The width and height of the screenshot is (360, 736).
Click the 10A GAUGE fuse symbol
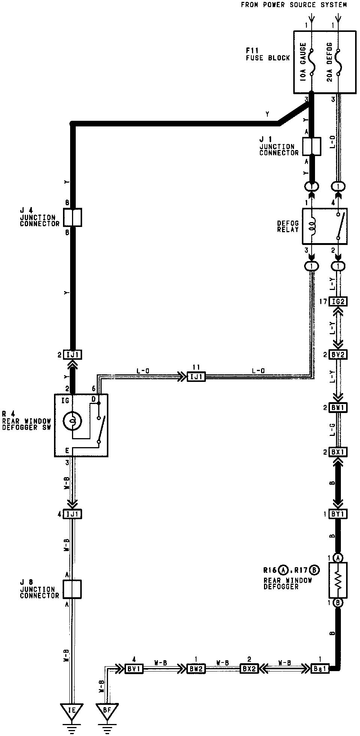[x=311, y=62]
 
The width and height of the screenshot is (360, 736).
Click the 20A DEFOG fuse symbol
[x=338, y=62]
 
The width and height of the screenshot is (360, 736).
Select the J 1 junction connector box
[x=311, y=146]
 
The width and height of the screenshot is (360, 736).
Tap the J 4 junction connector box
[x=72, y=218]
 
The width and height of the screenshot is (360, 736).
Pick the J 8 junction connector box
[x=72, y=589]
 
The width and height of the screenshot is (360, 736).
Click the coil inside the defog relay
[x=311, y=226]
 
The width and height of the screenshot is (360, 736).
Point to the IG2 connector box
[x=338, y=301]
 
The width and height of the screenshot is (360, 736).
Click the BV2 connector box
[x=338, y=354]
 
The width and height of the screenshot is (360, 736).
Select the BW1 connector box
[x=338, y=407]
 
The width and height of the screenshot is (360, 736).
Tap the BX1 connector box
[x=338, y=452]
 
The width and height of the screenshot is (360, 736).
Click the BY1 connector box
[x=338, y=514]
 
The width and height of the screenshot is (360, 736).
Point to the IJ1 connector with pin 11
[x=196, y=377]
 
